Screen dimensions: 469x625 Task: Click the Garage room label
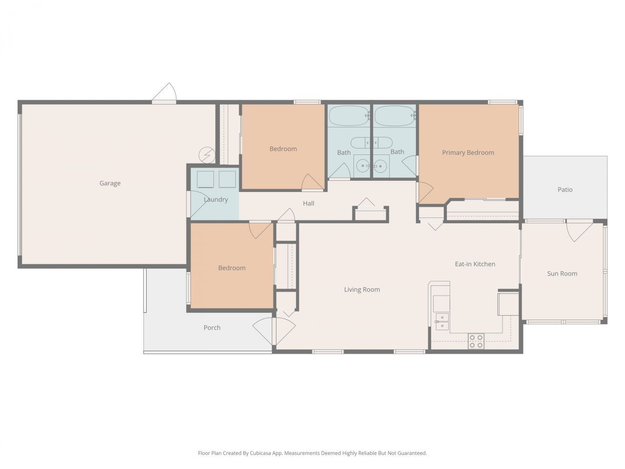click(110, 183)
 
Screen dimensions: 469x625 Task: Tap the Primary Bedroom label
click(468, 152)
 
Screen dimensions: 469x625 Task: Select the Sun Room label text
click(562, 274)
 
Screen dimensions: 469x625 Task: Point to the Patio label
click(565, 190)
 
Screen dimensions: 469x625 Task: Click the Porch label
click(212, 328)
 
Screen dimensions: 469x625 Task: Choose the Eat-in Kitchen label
click(475, 264)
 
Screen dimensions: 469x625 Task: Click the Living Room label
click(362, 290)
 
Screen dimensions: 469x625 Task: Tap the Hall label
click(309, 203)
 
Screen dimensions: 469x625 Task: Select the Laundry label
click(216, 199)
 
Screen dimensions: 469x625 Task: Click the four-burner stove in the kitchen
click(476, 341)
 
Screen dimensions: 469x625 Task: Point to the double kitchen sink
click(442, 321)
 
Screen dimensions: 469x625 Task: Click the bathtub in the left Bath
click(349, 116)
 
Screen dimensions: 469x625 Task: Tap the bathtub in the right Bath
click(395, 116)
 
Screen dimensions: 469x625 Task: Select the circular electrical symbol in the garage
click(207, 155)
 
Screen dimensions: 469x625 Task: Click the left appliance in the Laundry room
click(205, 179)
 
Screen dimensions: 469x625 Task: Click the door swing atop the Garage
click(166, 93)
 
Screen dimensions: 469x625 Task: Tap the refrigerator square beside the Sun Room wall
click(508, 304)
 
